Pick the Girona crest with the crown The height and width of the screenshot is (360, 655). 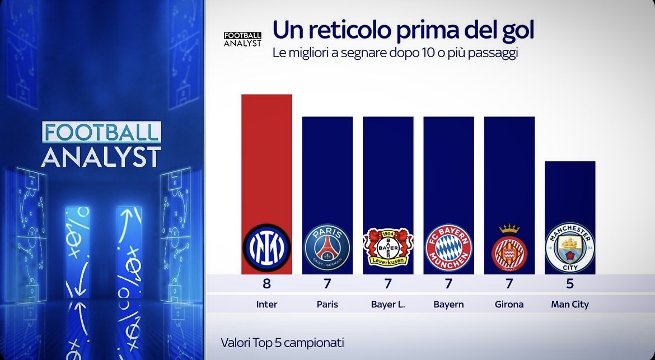(x=509, y=246)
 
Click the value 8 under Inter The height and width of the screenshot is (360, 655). (x=266, y=284)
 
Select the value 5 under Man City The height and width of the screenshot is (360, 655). (x=570, y=284)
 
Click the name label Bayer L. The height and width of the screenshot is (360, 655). (x=387, y=305)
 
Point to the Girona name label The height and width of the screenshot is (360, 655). (x=509, y=305)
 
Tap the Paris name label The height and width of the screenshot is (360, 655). (x=327, y=305)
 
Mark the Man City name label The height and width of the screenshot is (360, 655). (x=570, y=305)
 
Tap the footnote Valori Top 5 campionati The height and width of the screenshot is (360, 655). (x=282, y=342)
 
